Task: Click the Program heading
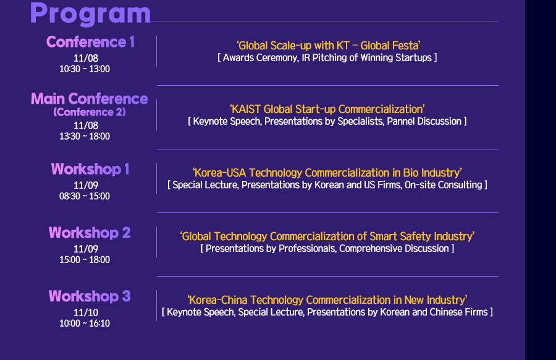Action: point(90,14)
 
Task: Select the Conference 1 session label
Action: point(90,42)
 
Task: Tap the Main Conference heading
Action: point(90,99)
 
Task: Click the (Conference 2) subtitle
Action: point(90,112)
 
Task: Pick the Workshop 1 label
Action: point(90,169)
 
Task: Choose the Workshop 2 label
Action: point(90,233)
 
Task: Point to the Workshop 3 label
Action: point(90,296)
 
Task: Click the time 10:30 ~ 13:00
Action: point(85,69)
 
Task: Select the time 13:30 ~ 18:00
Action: point(85,136)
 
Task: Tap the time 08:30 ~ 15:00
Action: point(85,196)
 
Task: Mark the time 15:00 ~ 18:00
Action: point(85,260)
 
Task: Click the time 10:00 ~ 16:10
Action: point(85,323)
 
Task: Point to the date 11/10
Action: point(86,312)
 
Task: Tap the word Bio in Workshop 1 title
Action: point(411,173)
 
